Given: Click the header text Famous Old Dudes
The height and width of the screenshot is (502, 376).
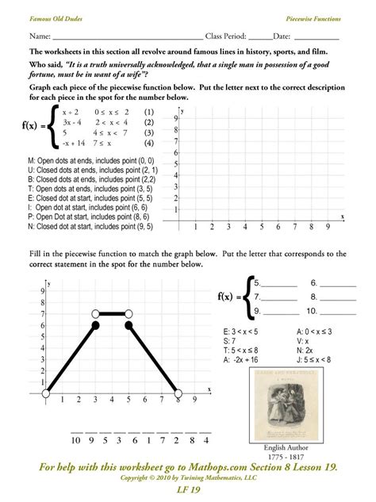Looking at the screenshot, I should click(56, 17).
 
